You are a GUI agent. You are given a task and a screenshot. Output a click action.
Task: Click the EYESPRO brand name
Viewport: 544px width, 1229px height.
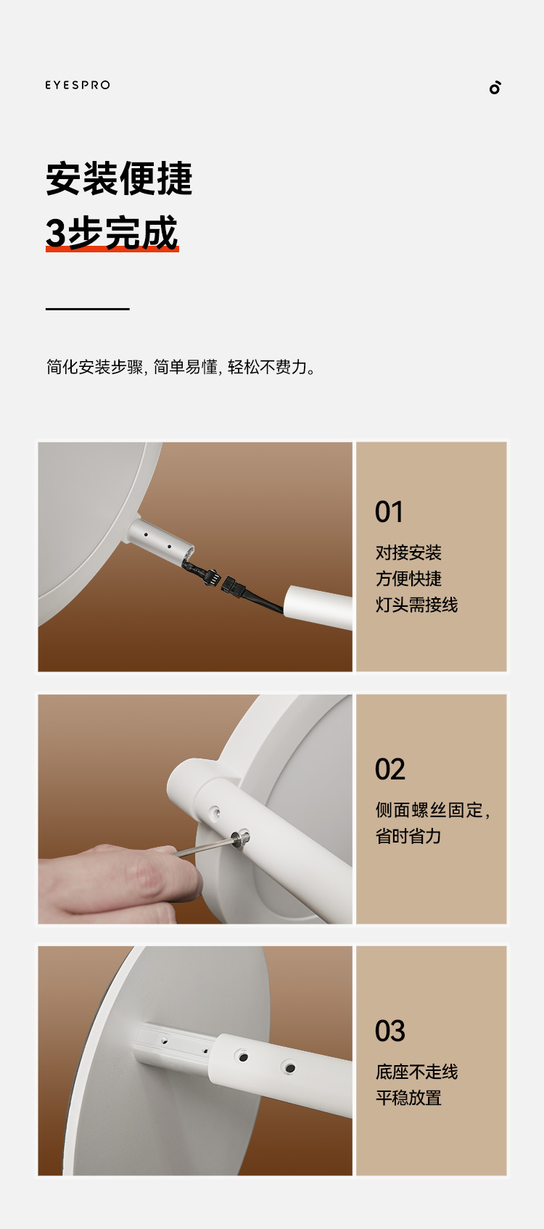click(x=78, y=85)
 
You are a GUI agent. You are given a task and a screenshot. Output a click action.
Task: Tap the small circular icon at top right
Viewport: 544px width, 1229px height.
click(x=495, y=87)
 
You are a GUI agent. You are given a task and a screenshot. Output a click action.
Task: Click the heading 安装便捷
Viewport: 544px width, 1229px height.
click(x=119, y=178)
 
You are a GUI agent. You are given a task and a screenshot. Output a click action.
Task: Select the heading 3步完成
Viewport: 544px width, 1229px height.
click(x=112, y=231)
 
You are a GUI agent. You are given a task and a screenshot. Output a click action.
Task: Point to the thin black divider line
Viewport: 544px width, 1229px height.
click(x=87, y=309)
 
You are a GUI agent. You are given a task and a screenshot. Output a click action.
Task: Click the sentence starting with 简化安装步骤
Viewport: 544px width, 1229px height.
click(x=181, y=367)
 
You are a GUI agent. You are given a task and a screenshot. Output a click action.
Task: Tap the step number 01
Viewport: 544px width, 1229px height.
click(x=390, y=512)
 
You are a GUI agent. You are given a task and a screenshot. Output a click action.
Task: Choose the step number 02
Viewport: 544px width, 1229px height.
click(x=390, y=769)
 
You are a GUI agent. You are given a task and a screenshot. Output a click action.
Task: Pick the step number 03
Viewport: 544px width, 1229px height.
click(x=390, y=1031)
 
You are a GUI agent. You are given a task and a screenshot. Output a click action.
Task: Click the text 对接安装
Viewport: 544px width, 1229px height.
click(x=408, y=553)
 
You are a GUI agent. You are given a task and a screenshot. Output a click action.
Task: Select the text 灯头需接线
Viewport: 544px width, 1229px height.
click(x=416, y=605)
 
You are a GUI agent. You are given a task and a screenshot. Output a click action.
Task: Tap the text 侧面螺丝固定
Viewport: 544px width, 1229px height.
click(x=429, y=810)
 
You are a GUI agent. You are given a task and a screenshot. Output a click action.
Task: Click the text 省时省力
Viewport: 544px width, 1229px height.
click(x=408, y=836)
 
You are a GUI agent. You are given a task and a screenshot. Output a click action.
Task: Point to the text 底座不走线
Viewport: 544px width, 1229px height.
click(x=416, y=1072)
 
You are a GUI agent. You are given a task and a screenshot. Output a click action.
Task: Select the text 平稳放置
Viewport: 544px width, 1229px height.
click(x=408, y=1098)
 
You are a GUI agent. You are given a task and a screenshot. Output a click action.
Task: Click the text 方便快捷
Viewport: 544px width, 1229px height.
click(x=408, y=579)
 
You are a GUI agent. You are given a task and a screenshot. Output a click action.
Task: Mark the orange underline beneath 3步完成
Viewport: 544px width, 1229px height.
click(x=112, y=249)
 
